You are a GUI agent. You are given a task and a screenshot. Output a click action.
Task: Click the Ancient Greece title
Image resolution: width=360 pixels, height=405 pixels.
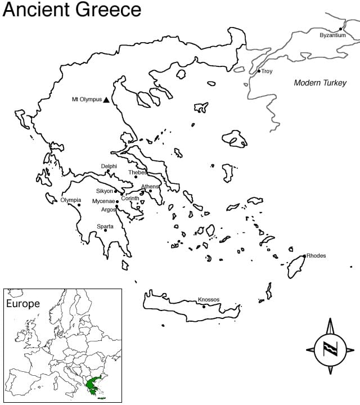[x=71, y=10]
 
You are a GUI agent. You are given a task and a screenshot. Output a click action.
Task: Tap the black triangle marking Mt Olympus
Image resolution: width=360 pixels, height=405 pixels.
[x=106, y=100]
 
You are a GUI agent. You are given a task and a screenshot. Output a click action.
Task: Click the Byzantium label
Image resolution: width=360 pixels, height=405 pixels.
[x=332, y=35]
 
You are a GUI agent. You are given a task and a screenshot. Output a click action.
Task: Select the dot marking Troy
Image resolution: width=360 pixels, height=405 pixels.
[x=259, y=71]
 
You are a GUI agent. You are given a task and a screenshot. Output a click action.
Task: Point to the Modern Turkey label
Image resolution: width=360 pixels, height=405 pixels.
[x=320, y=83]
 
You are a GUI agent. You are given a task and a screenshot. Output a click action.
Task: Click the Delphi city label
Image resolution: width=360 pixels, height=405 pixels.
[x=109, y=166]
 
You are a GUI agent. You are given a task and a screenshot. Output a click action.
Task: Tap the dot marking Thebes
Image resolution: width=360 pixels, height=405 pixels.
[x=136, y=177]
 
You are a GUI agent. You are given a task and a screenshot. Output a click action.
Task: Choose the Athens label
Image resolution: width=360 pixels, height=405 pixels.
[x=150, y=186]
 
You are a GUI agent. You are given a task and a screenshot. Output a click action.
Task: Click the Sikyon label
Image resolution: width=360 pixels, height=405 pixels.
[x=105, y=191]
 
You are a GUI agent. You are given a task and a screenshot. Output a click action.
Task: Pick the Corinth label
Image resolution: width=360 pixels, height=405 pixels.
[x=130, y=199]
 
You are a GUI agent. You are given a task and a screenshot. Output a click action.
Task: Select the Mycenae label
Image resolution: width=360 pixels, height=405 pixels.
[x=103, y=201]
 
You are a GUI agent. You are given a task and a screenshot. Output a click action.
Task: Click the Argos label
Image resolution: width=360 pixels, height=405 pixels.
[x=108, y=210]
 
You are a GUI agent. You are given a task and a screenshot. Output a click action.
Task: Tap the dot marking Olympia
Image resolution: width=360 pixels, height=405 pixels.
[x=79, y=205]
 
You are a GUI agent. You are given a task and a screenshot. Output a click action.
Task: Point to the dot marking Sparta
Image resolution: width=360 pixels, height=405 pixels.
[x=105, y=230]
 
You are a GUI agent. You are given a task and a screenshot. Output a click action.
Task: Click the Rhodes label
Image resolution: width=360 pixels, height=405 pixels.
[x=316, y=256]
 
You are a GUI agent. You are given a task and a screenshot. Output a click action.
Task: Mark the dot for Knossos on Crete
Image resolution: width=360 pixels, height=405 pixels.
[x=204, y=307]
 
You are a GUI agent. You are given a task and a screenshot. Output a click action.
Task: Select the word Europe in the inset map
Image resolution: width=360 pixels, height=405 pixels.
[x=22, y=304]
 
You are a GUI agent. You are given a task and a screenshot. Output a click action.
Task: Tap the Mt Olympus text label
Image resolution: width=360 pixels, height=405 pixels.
[x=87, y=100]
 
